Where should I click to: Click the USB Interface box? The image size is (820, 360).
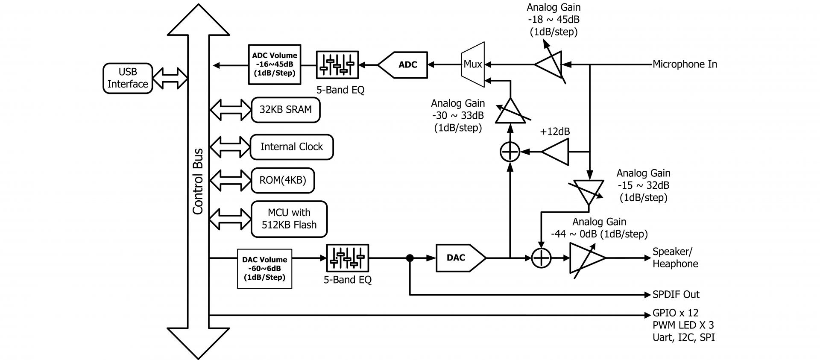click(128, 78)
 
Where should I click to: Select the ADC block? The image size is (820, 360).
click(404, 65)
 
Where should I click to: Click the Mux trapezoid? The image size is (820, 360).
click(473, 64)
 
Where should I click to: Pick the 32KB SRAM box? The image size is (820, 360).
click(285, 110)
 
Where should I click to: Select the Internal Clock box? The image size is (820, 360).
click(292, 147)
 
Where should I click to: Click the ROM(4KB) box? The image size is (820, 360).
click(283, 180)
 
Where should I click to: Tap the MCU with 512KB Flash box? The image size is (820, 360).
click(289, 219)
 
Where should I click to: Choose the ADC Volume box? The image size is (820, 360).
click(275, 64)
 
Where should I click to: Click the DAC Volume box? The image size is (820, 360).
click(264, 269)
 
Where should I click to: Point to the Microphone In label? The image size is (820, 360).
click(685, 64)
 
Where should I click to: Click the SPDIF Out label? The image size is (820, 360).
click(676, 295)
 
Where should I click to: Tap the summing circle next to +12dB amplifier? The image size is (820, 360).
click(510, 152)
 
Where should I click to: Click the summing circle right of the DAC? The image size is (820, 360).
click(541, 258)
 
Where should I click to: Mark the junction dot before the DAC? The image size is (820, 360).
click(410, 258)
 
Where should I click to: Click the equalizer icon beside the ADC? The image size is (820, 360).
click(337, 65)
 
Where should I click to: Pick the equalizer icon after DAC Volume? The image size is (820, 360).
click(348, 258)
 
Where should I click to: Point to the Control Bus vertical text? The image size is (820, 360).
click(198, 181)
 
